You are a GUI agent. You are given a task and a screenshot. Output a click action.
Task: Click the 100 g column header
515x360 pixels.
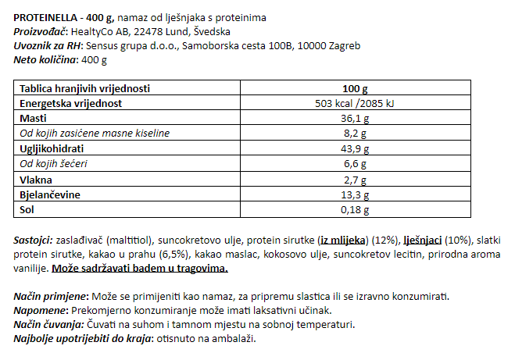point(354,88)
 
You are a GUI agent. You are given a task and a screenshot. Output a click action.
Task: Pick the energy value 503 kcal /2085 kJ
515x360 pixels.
point(354,103)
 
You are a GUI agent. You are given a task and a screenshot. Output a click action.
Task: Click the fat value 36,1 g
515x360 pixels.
point(354,118)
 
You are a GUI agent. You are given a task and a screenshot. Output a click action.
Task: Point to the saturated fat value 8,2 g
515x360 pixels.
point(354,133)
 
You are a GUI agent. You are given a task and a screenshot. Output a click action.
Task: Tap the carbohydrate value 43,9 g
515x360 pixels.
point(354,148)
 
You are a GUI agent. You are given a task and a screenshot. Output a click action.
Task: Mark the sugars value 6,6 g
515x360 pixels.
point(354,163)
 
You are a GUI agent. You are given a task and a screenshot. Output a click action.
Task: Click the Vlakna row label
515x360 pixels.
point(35,179)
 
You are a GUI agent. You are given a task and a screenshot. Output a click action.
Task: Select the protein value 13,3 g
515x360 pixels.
point(354,194)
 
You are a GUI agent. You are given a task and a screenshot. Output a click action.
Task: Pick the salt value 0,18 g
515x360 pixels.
point(354,209)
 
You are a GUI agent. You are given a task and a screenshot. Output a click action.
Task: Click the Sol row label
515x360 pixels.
point(27,209)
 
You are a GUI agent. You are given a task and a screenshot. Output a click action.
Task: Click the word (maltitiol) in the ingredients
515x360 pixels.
point(133,240)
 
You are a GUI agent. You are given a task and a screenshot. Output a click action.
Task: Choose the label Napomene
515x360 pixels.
point(40,310)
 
